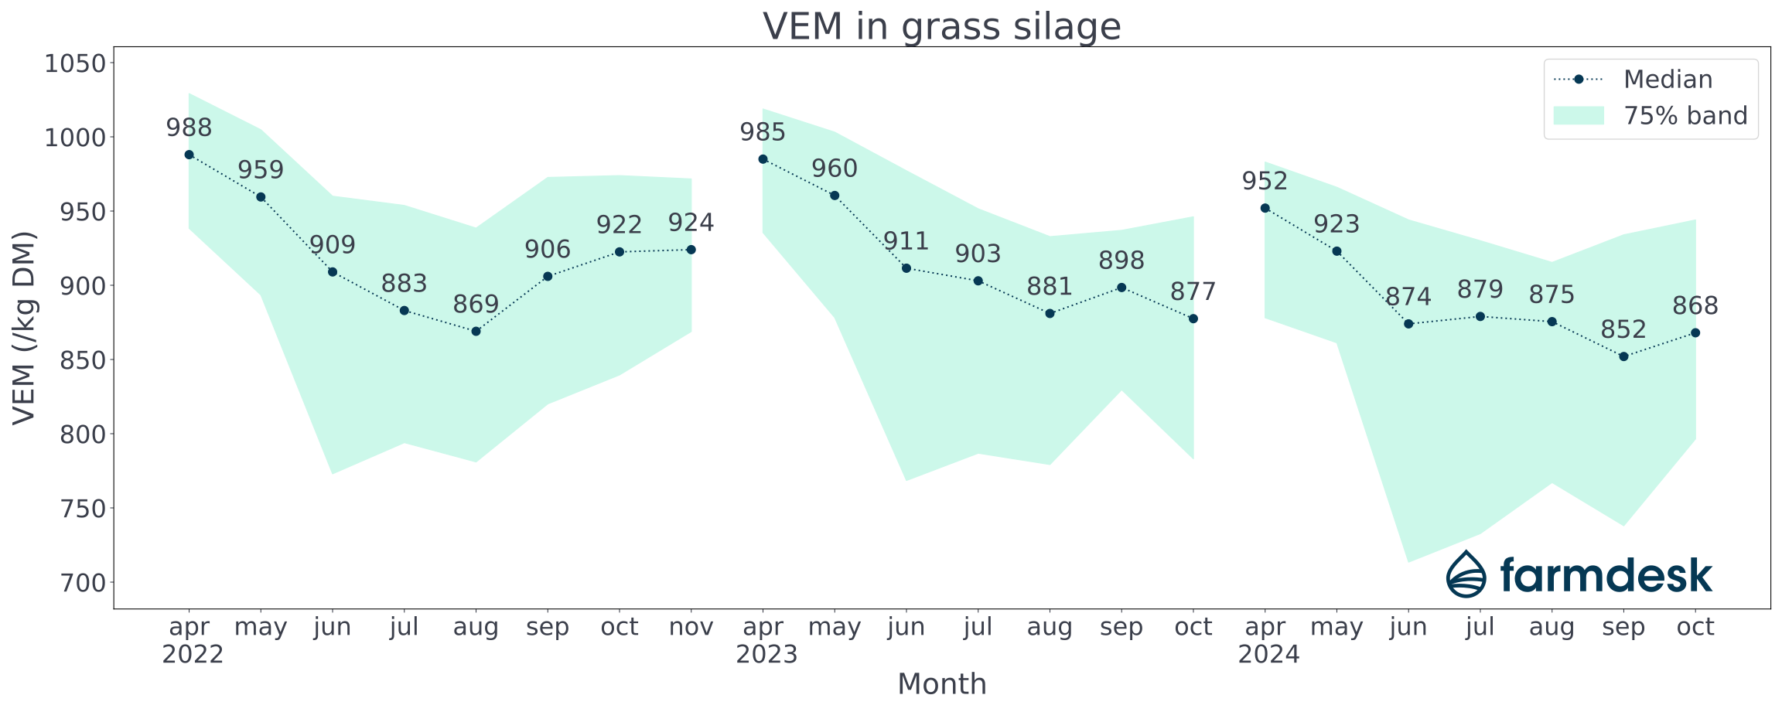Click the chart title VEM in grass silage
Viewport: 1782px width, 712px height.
(941, 26)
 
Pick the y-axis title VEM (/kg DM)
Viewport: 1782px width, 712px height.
(25, 328)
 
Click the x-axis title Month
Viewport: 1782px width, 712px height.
(941, 684)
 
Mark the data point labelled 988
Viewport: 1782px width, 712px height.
(189, 155)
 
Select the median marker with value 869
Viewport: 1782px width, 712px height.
(476, 332)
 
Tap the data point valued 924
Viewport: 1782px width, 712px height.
(691, 250)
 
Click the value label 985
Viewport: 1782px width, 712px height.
(763, 132)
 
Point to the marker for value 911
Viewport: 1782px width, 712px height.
(906, 268)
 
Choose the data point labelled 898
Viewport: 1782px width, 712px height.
(1121, 288)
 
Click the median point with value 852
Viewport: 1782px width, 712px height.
(1623, 356)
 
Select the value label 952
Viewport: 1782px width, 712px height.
(1265, 182)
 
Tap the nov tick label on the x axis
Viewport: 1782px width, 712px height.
(691, 627)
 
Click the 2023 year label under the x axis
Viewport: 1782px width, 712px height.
(766, 655)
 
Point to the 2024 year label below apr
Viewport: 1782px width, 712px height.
(1268, 655)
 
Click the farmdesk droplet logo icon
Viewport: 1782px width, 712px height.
(1466, 574)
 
